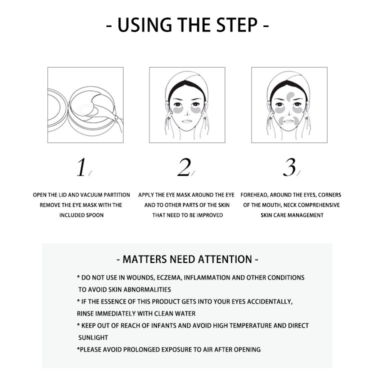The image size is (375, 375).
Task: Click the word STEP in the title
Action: (237, 25)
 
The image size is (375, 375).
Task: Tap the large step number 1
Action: (81, 167)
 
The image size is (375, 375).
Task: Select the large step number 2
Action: (184, 167)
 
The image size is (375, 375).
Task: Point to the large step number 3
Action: (289, 167)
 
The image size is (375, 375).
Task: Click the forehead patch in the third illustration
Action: (290, 96)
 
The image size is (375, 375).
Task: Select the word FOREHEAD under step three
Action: (254, 195)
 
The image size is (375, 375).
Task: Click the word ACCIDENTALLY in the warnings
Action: (269, 301)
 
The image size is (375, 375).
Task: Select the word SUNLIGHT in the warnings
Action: (93, 337)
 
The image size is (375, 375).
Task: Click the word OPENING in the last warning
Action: (247, 349)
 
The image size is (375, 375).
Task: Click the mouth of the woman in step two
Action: (187, 121)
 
